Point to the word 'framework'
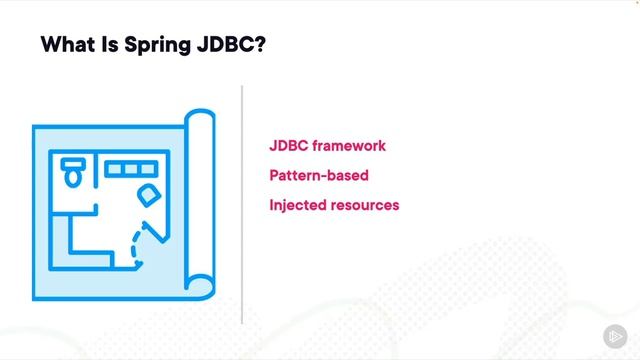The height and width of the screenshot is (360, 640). tap(349, 146)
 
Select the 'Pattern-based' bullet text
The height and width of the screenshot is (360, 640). tap(319, 176)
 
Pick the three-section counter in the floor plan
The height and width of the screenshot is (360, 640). tap(125, 169)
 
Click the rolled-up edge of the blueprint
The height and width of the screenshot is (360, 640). tap(201, 200)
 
